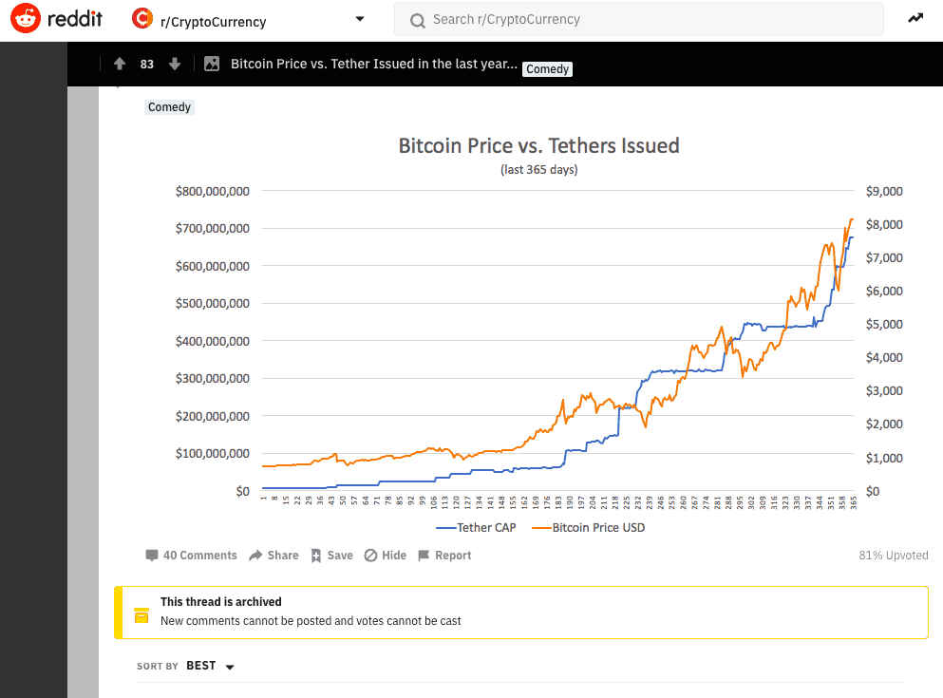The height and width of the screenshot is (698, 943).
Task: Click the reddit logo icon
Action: pos(26,19)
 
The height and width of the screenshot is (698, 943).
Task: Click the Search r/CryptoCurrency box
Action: pos(638,19)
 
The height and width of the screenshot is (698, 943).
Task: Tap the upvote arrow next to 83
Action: pos(119,64)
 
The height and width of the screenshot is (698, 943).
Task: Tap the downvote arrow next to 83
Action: pos(174,64)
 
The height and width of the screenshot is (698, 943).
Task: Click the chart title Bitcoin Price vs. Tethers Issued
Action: pos(538,145)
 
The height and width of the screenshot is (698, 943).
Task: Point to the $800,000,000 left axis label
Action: pos(212,191)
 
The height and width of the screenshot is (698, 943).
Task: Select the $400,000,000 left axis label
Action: pos(212,341)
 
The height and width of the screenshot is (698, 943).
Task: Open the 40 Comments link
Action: pos(191,556)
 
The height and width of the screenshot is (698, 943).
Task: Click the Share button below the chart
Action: pos(273,556)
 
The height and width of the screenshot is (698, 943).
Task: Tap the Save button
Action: pos(331,556)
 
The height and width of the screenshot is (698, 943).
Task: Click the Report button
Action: pos(443,556)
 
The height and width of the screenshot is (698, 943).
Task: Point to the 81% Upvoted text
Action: pos(892,556)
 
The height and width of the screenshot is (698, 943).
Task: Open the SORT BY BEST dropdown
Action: pos(211,666)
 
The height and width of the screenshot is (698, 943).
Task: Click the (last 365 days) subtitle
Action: pos(538,170)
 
